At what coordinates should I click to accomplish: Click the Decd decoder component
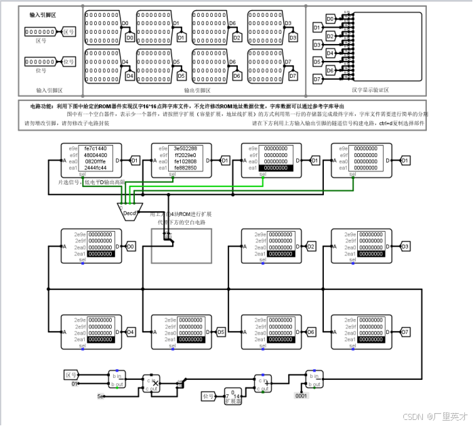tap(129, 213)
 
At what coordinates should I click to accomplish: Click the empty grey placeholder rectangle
tap(181, 246)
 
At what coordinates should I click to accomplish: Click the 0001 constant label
tap(302, 396)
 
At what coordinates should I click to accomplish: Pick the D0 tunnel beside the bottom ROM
tap(131, 246)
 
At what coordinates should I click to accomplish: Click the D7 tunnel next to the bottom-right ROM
tap(405, 332)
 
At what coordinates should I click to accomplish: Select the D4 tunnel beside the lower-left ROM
tap(131, 332)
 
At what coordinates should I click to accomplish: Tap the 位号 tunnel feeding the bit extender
tap(208, 395)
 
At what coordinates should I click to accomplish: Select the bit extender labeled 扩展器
tap(232, 396)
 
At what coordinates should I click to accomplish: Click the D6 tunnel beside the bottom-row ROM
tap(311, 332)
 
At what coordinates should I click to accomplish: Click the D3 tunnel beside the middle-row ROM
tap(405, 246)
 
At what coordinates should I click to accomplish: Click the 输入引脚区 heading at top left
tap(43, 14)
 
